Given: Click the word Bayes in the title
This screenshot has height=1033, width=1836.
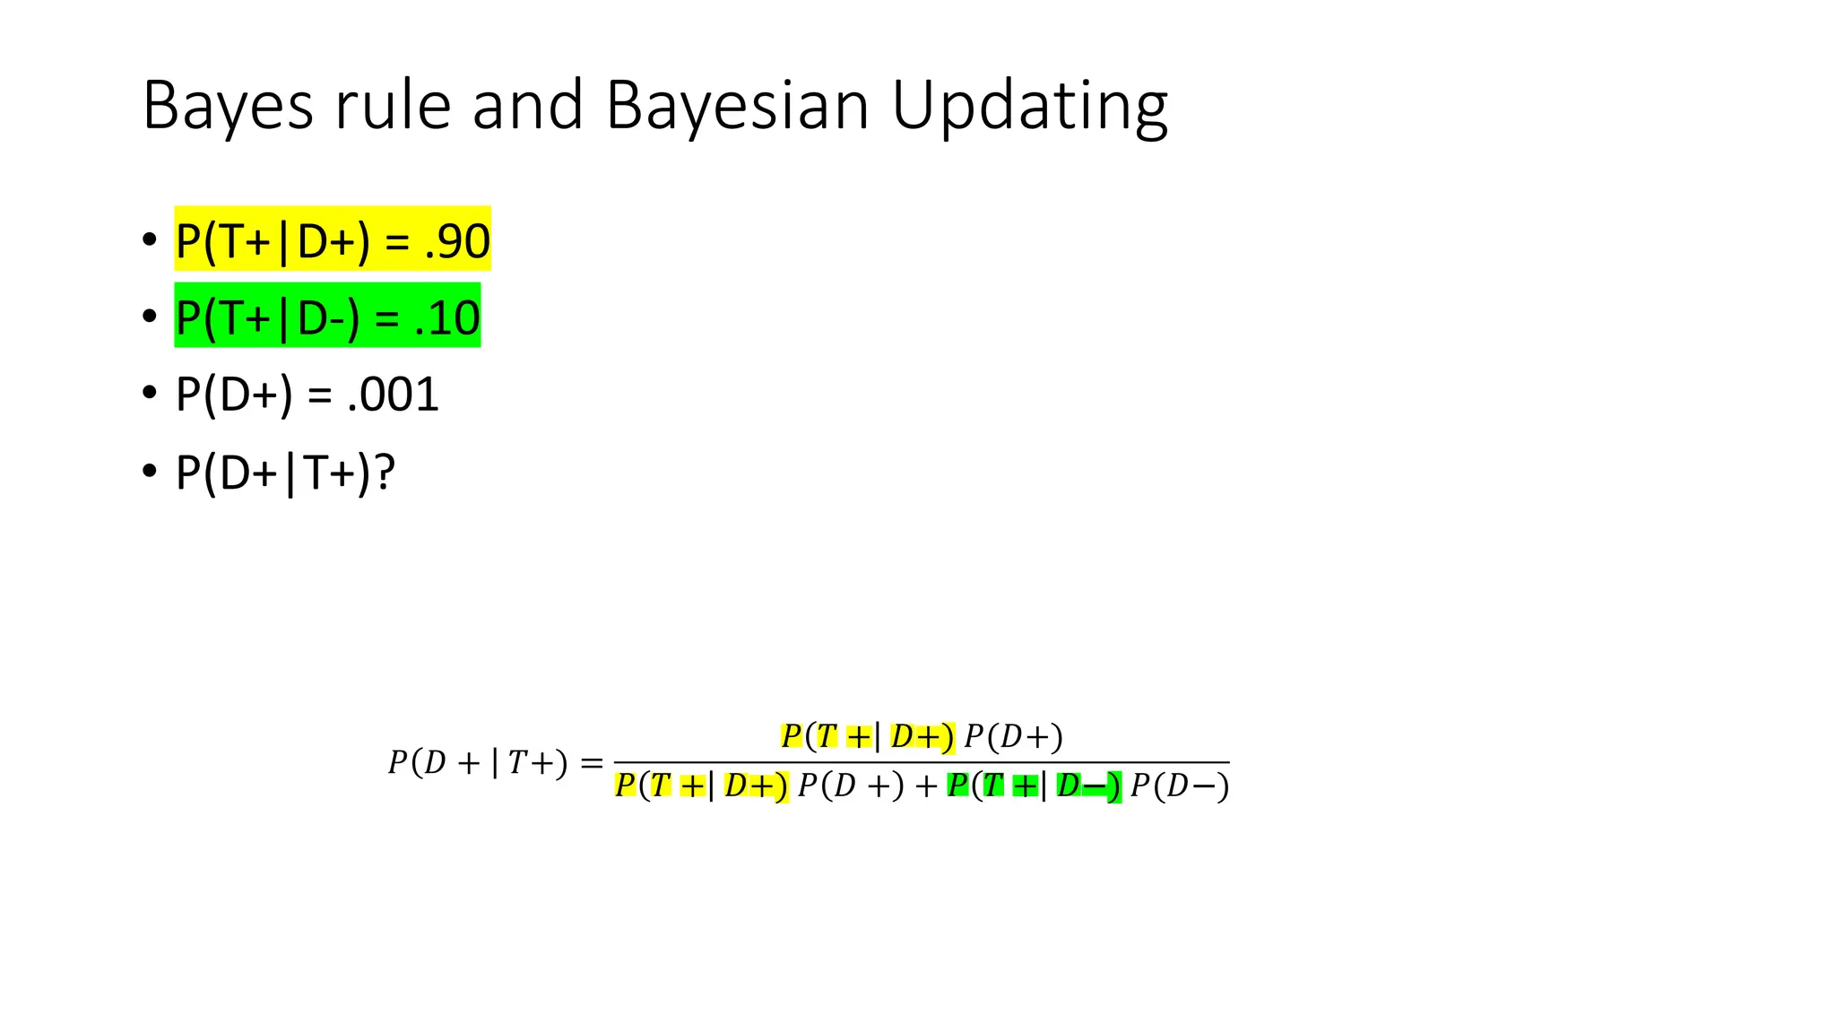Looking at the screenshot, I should pyautogui.click(x=228, y=106).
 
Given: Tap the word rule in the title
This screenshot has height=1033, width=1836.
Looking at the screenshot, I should pyautogui.click(x=393, y=106).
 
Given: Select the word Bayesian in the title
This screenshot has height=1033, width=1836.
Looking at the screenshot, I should pyautogui.click(x=737, y=106).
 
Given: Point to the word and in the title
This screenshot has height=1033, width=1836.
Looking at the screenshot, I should pyautogui.click(x=527, y=106).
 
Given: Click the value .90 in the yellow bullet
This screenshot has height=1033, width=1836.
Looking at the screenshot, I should pyautogui.click(x=457, y=240).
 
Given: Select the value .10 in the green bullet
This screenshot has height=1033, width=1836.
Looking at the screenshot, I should pyautogui.click(x=446, y=317).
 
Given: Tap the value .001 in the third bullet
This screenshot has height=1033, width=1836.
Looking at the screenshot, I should pyautogui.click(x=393, y=395).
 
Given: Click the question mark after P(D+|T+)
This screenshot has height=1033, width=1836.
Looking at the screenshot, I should pyautogui.click(x=385, y=472).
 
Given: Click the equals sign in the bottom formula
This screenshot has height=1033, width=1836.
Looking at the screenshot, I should pyautogui.click(x=592, y=763).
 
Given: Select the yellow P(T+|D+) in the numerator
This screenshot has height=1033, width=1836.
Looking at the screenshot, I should pyautogui.click(x=867, y=736).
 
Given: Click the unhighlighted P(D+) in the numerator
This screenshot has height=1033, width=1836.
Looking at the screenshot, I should pyautogui.click(x=1013, y=737).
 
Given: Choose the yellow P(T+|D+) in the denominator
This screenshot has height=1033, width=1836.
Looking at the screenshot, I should pyautogui.click(x=701, y=786).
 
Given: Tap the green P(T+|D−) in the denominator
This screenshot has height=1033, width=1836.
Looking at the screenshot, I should pyautogui.click(x=1034, y=786).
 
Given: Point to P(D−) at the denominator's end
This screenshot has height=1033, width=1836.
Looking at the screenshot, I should pyautogui.click(x=1179, y=786).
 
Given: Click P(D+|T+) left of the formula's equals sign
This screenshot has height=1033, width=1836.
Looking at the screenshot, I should pyautogui.click(x=478, y=763).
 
